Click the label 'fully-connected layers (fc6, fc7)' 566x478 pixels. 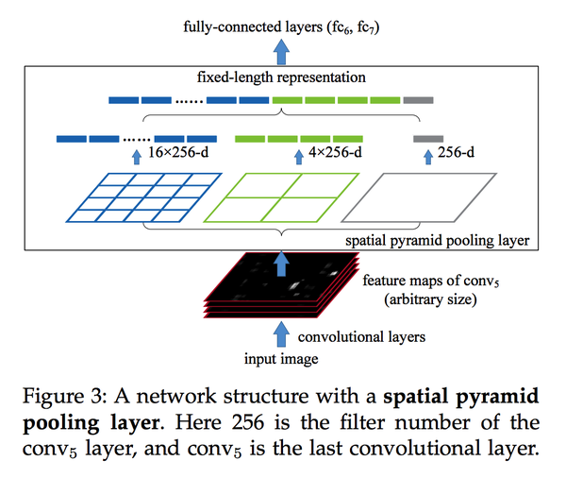click(x=281, y=27)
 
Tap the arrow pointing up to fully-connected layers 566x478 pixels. click(x=281, y=52)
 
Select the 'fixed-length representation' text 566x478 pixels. click(x=281, y=77)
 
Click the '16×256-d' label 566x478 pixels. click(x=178, y=152)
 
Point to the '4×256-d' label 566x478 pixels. click(x=335, y=152)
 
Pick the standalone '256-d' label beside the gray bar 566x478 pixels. click(x=456, y=152)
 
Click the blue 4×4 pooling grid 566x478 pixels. click(x=143, y=197)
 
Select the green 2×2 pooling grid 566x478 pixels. click(x=281, y=197)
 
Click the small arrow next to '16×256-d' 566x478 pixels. click(x=137, y=157)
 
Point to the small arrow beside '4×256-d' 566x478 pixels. click(x=299, y=157)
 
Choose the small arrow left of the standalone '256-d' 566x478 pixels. click(x=428, y=157)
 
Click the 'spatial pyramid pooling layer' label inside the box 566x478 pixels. click(x=437, y=241)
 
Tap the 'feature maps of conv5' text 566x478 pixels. click(x=431, y=281)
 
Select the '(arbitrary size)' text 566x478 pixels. click(x=430, y=299)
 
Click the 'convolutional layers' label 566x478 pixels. click(x=361, y=337)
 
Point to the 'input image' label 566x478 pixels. click(x=281, y=359)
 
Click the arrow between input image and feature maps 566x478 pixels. click(x=281, y=334)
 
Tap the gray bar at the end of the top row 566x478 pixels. click(x=418, y=100)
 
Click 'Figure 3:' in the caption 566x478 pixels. click(x=64, y=396)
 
